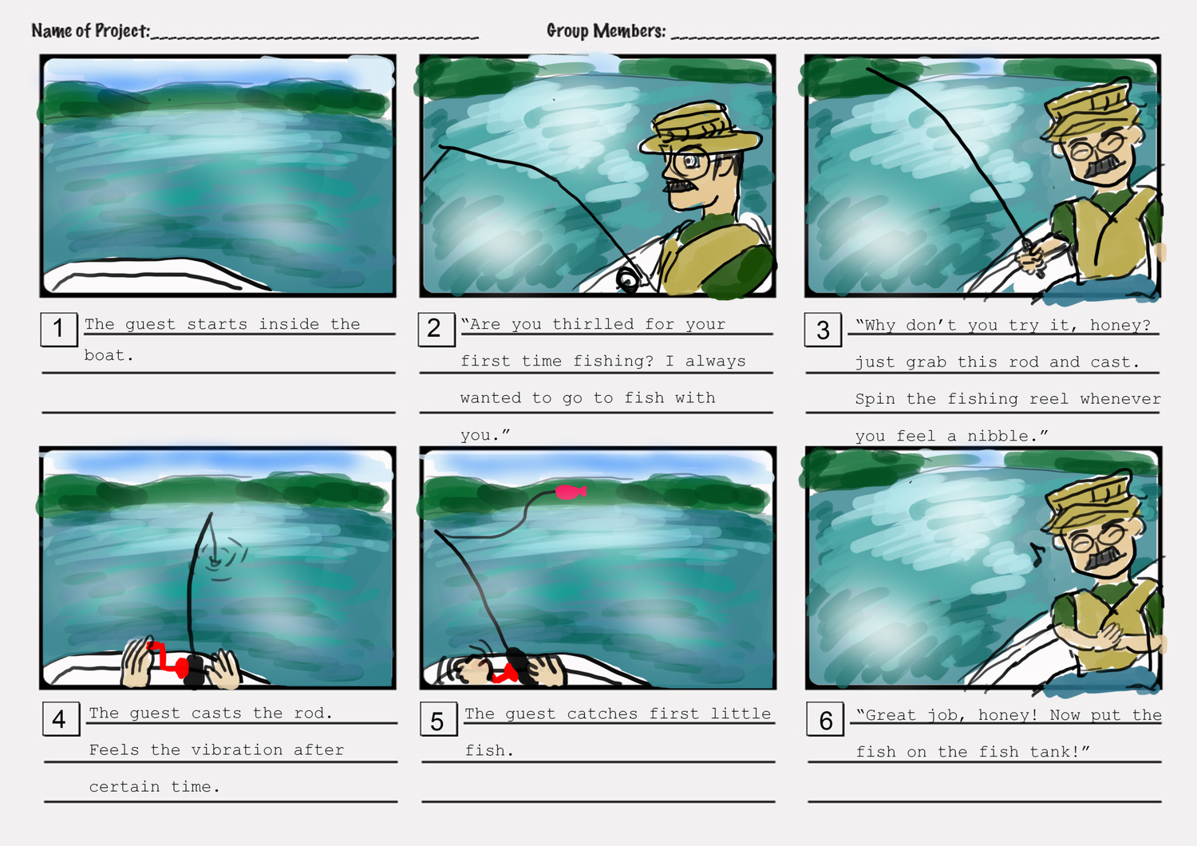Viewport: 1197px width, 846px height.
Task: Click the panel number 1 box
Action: [59, 329]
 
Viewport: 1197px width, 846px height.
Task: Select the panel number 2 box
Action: [437, 329]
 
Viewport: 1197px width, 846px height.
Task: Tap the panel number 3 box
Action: [823, 330]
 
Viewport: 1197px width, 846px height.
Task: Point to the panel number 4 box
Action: [61, 719]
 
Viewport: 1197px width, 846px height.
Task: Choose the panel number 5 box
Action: [439, 719]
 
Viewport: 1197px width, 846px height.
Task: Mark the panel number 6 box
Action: [825, 719]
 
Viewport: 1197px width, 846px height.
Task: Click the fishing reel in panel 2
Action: [627, 279]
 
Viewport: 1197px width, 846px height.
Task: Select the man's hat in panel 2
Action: [700, 129]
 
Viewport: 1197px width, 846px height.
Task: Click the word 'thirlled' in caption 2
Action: [593, 324]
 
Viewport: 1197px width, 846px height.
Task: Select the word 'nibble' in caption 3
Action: [997, 436]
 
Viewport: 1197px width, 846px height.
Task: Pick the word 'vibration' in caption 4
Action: [237, 749]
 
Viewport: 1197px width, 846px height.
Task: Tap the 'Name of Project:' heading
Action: [91, 30]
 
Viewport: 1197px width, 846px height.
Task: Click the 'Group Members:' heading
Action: [606, 30]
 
